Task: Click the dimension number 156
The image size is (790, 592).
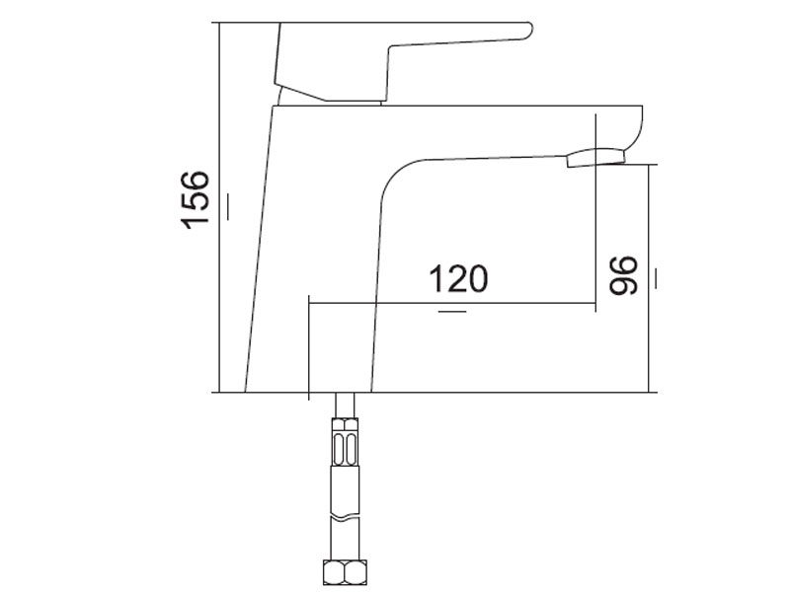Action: pos(196,200)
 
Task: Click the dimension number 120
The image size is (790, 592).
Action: pos(458,279)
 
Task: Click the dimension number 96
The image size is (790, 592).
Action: pos(623,275)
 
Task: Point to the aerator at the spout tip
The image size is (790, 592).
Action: pos(595,158)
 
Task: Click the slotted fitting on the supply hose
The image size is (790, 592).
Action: pos(345,441)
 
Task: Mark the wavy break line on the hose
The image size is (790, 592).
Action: pos(345,517)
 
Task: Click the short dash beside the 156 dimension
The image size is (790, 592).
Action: pos(229,206)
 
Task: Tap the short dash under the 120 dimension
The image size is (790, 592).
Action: pos(452,312)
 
